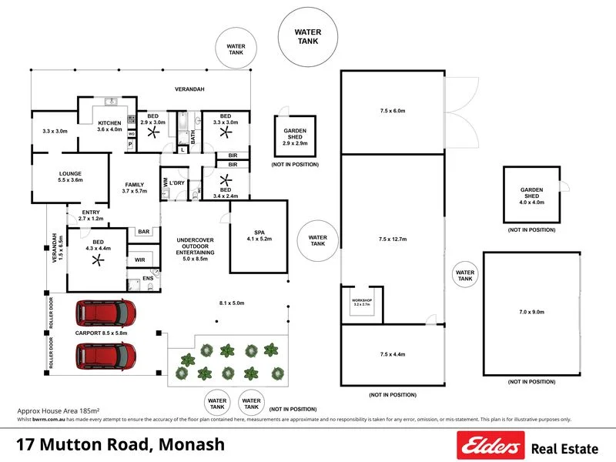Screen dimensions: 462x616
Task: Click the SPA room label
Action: click(x=259, y=232)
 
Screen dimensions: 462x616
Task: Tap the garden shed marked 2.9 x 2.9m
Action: click(x=294, y=137)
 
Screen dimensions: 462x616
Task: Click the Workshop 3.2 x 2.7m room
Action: click(x=362, y=302)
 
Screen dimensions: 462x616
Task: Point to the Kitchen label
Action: click(x=109, y=124)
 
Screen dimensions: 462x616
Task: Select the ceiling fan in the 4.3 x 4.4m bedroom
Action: click(x=97, y=261)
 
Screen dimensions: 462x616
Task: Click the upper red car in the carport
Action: click(x=105, y=313)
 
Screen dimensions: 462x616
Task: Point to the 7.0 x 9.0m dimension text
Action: click(x=531, y=312)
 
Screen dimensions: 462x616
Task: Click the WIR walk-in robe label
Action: click(x=141, y=260)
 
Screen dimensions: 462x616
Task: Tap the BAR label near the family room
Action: click(x=143, y=231)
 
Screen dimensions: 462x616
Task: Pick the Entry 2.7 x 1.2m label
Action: click(x=85, y=215)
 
